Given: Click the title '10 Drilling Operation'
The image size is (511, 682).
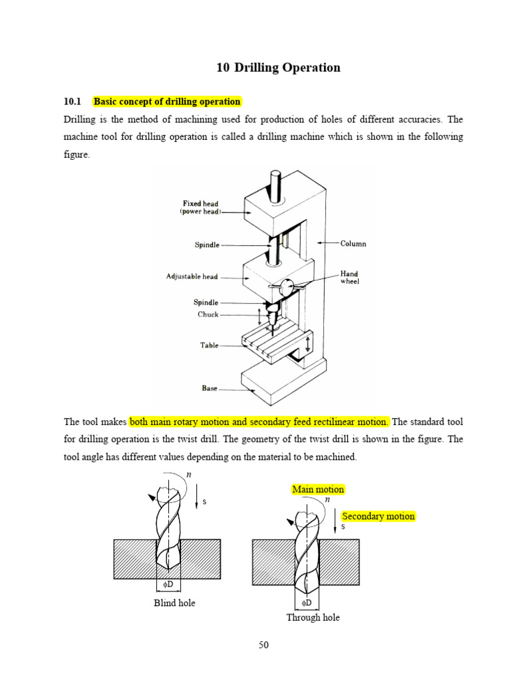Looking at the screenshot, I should click(278, 67).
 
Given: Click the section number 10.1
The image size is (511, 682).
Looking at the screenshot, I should click(71, 102).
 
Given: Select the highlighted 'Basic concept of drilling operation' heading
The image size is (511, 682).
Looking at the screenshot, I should click(167, 102).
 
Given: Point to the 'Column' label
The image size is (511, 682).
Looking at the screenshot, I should click(353, 244).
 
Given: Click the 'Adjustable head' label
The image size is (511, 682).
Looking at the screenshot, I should click(192, 276).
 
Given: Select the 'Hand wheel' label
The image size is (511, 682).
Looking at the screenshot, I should click(350, 278).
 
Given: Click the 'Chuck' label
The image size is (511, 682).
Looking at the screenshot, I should click(208, 314).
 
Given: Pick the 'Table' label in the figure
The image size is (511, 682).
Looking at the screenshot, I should click(210, 345).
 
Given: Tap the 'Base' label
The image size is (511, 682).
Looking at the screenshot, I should click(210, 388).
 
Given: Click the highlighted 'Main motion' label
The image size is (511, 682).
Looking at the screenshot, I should click(318, 490).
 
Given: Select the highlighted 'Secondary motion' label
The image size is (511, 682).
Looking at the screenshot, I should click(378, 516).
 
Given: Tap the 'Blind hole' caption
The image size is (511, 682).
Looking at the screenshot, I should click(174, 603).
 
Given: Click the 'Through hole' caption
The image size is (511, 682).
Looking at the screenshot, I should click(313, 617).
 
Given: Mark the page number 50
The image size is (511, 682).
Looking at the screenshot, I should click(264, 644).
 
